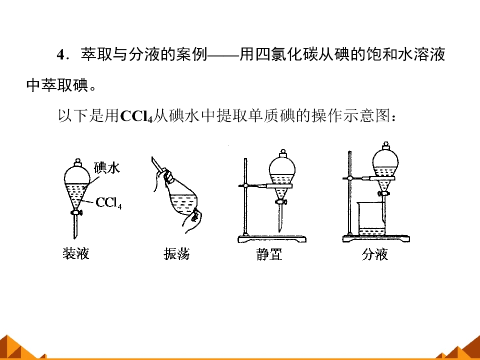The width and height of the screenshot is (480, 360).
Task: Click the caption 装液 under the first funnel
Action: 75,254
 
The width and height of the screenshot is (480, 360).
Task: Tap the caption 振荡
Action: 176,254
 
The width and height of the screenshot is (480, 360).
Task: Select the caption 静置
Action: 269,254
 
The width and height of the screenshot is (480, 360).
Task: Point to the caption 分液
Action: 374,254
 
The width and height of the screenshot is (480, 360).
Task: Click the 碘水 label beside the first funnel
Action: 107,168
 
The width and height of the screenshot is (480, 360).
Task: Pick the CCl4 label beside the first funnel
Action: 108,202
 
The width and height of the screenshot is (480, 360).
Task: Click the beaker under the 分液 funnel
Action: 371,219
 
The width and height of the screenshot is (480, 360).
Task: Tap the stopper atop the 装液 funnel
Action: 77,162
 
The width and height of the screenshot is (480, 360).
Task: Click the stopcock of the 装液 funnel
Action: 76,212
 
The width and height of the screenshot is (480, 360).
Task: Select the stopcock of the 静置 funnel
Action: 281,201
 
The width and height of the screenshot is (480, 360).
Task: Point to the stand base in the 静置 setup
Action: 272,239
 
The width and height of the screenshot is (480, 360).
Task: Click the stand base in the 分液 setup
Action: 376,238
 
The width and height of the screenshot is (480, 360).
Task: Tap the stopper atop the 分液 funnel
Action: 386,145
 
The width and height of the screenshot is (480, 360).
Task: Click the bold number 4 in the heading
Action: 60,55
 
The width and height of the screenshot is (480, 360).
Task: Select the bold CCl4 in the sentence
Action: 136,116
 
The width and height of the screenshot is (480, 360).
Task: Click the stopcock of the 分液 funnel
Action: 383,193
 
